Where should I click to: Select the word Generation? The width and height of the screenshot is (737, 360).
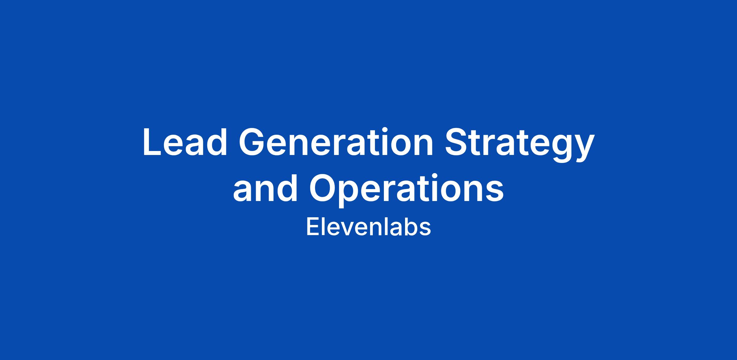[336, 142]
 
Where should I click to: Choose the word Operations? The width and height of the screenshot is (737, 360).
[406, 190]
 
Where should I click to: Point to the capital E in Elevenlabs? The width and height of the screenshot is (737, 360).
[312, 227]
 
